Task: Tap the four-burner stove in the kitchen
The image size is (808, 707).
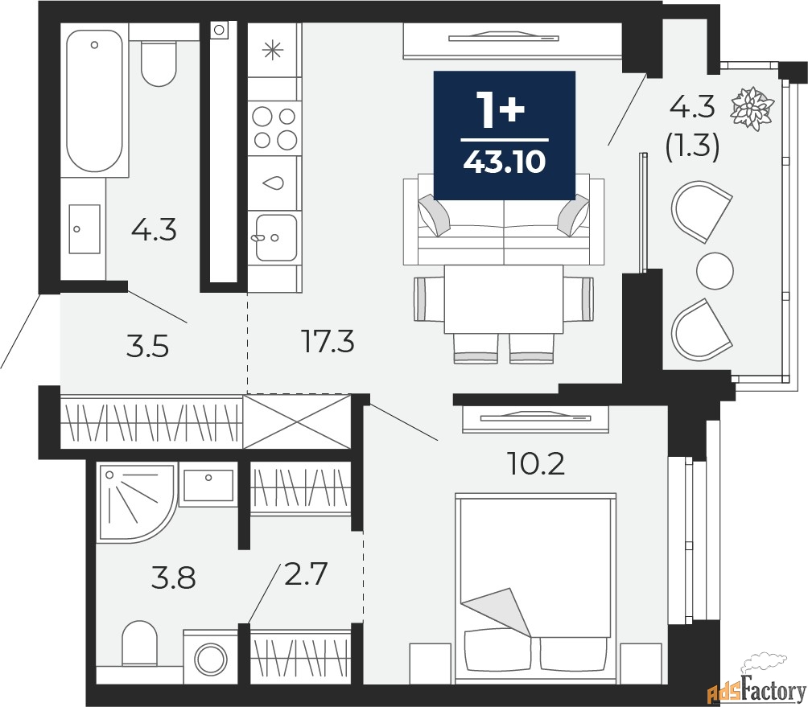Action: (x=274, y=128)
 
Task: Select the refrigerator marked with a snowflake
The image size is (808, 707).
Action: (x=274, y=50)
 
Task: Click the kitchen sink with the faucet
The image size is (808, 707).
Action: (x=274, y=237)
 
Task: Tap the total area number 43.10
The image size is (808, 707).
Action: (x=504, y=162)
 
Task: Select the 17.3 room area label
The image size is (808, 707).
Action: (x=328, y=342)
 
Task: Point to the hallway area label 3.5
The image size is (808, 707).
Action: (x=148, y=347)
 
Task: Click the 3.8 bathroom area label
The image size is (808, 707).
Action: (x=175, y=578)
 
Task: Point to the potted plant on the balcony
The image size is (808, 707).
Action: (x=752, y=109)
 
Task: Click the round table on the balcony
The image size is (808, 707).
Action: (x=715, y=270)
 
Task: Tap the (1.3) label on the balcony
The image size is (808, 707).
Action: (x=692, y=146)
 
